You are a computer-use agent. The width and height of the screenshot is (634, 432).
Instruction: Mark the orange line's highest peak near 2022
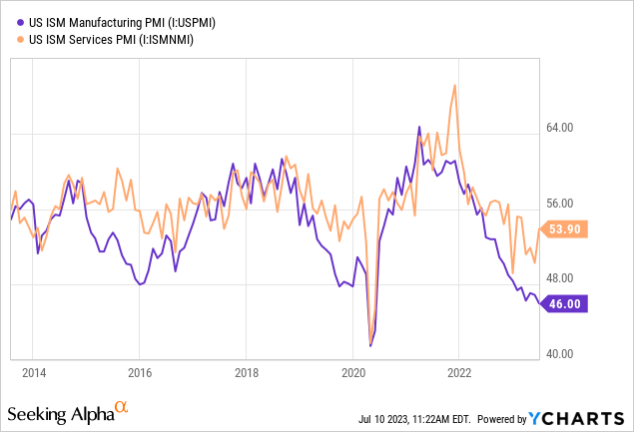[455, 85]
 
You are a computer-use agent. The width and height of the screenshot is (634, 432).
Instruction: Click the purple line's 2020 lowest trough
[370, 345]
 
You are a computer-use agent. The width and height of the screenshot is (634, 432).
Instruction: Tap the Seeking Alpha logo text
[59, 413]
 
